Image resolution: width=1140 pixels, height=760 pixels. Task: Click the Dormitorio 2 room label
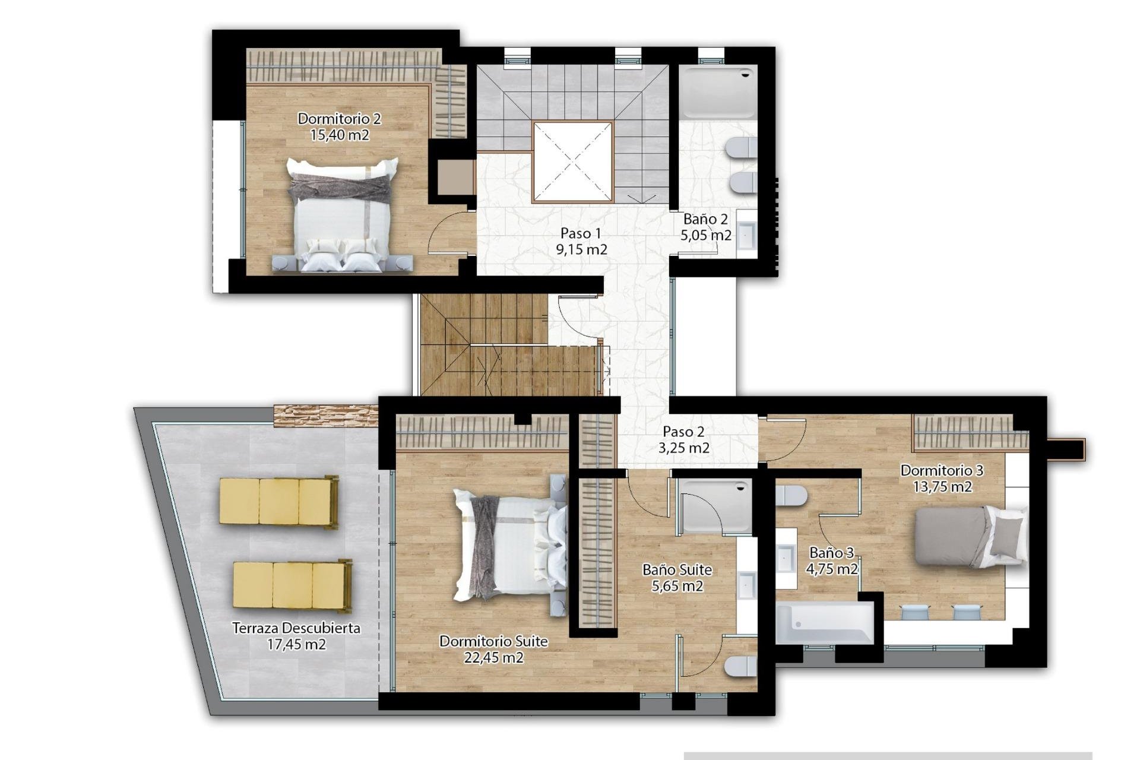pos(339,119)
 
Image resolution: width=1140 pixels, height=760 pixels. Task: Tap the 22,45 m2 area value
pos(493,658)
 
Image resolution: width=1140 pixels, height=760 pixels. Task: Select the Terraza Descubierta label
pos(296,628)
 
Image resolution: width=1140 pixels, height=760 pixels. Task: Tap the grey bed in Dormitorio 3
pos(969,536)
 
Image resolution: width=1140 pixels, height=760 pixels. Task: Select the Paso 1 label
pos(581,233)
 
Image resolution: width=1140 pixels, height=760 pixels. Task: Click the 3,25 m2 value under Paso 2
pos(683,448)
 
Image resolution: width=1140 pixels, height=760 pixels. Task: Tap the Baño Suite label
pos(677,570)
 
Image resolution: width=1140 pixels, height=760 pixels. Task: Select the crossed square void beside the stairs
pos(572,161)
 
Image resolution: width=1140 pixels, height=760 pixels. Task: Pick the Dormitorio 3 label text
pos(942,471)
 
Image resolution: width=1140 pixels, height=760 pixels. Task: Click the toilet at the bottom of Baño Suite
pos(741,666)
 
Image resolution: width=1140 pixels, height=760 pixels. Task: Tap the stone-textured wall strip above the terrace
pos(325,416)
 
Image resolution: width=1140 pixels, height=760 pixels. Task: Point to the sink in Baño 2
pos(746,233)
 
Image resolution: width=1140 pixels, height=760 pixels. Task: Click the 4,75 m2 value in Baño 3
pos(831,569)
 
